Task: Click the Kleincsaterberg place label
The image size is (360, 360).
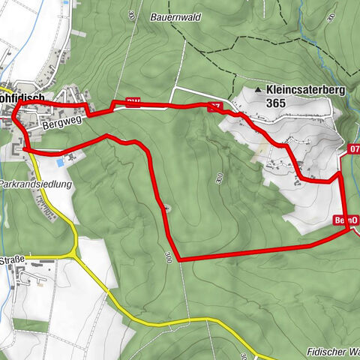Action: [304, 88]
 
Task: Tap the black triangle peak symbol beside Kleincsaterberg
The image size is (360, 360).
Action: [259, 89]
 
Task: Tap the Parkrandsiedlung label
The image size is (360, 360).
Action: [35, 183]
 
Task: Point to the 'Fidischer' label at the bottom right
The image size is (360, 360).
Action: [330, 352]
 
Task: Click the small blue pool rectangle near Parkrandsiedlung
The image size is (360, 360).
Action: [58, 163]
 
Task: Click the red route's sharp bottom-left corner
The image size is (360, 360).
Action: [178, 259]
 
